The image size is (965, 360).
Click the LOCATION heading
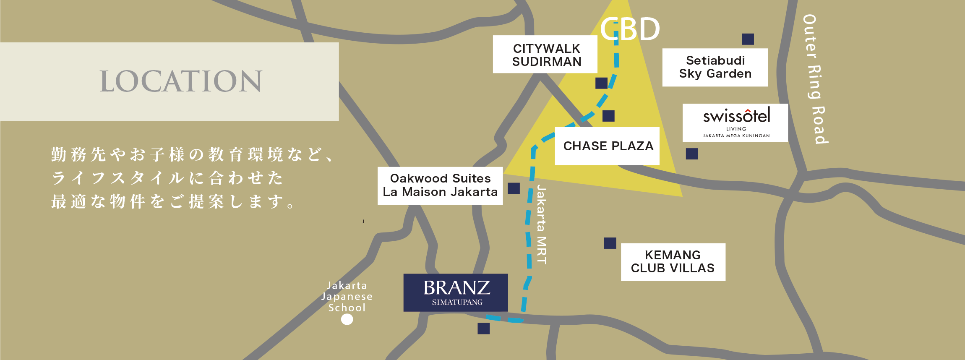click(181, 81)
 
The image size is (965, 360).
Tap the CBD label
click(630, 29)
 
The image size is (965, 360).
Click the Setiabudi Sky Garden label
click(715, 67)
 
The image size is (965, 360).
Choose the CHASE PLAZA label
click(607, 146)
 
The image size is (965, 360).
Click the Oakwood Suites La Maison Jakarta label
click(440, 185)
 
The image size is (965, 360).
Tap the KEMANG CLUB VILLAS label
click(673, 262)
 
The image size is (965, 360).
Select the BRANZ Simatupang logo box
click(456, 292)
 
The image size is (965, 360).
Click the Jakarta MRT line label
click(542, 225)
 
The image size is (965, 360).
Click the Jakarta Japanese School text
click(347, 297)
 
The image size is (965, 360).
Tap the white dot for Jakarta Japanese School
click(347, 319)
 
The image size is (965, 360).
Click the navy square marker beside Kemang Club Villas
click(610, 243)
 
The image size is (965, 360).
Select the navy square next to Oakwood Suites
click(514, 188)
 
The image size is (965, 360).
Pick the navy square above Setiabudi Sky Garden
click(748, 39)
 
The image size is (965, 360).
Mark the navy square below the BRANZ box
click(483, 329)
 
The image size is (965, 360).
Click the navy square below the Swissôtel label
click(692, 154)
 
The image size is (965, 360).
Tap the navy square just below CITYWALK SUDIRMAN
click(601, 83)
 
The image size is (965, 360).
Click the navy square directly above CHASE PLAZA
click(608, 116)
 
